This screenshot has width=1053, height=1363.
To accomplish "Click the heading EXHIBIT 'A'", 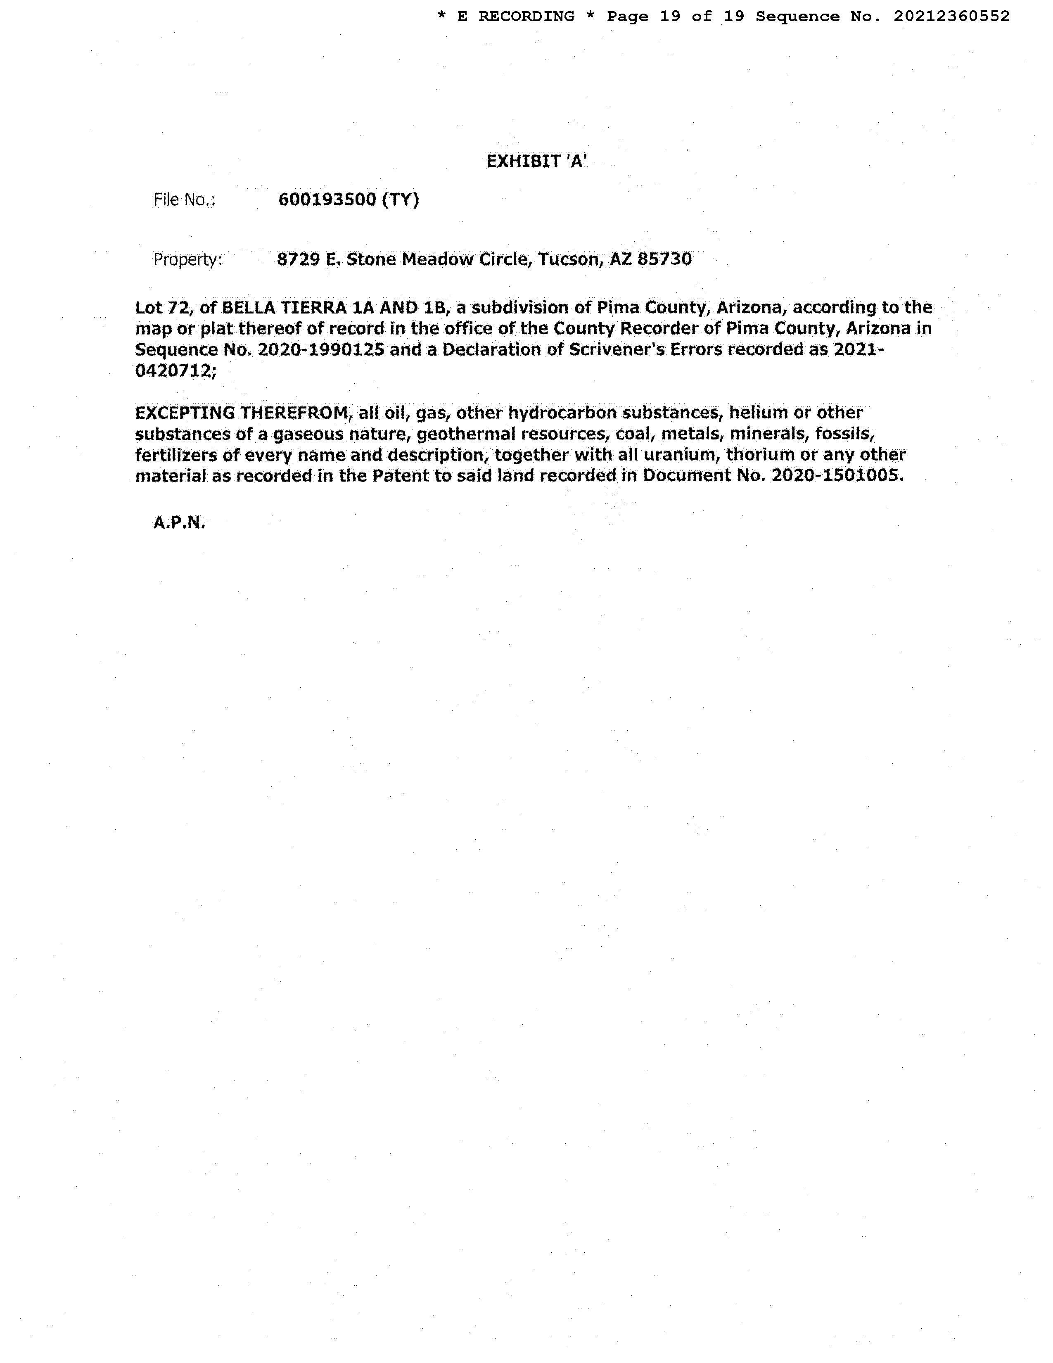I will click(536, 161).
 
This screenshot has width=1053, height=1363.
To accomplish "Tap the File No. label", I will click(184, 200).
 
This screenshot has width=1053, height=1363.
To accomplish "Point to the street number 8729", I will click(298, 259).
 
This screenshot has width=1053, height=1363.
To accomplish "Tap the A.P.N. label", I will click(179, 523).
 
